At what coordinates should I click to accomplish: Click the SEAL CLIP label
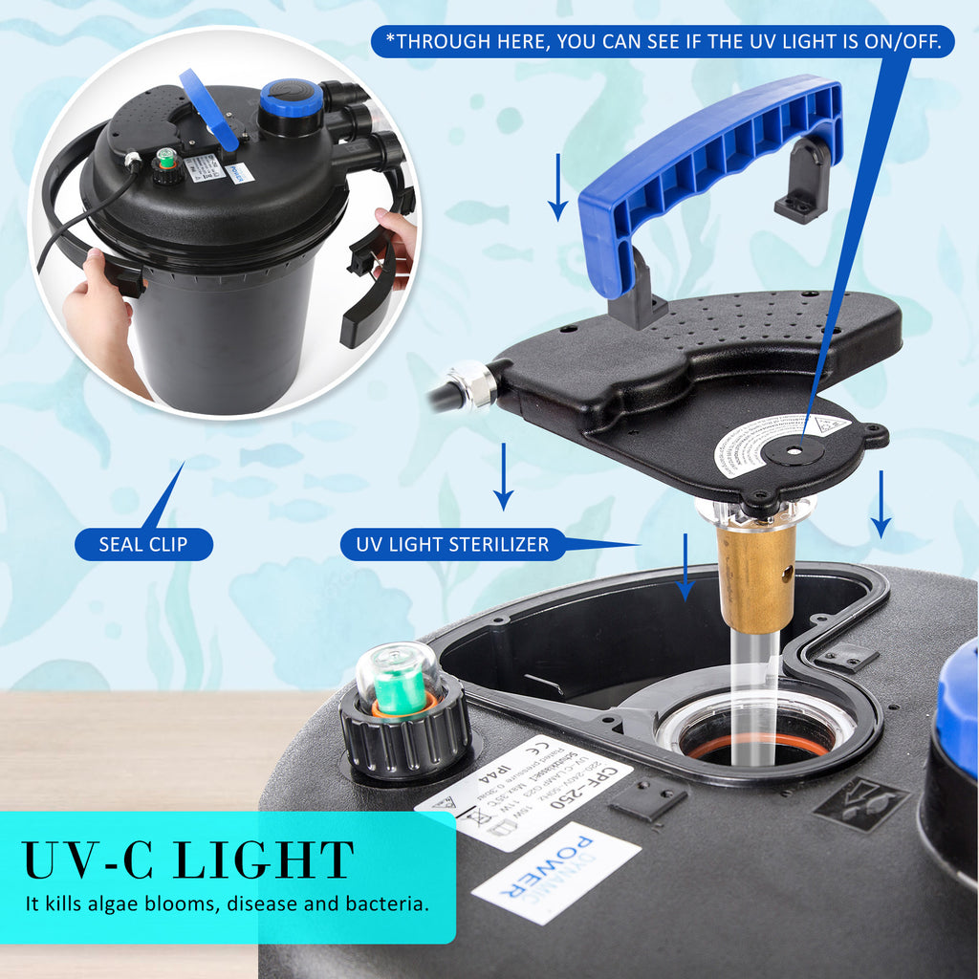(x=143, y=545)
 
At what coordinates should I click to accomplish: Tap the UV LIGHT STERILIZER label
(x=452, y=545)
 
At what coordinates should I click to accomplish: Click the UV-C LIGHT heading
(x=188, y=859)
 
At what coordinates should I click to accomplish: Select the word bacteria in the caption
(x=389, y=903)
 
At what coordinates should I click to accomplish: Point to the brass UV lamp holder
(x=756, y=577)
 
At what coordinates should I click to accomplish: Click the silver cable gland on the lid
(x=472, y=384)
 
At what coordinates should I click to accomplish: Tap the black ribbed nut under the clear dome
(x=405, y=740)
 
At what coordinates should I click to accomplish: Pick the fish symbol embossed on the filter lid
(x=860, y=801)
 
